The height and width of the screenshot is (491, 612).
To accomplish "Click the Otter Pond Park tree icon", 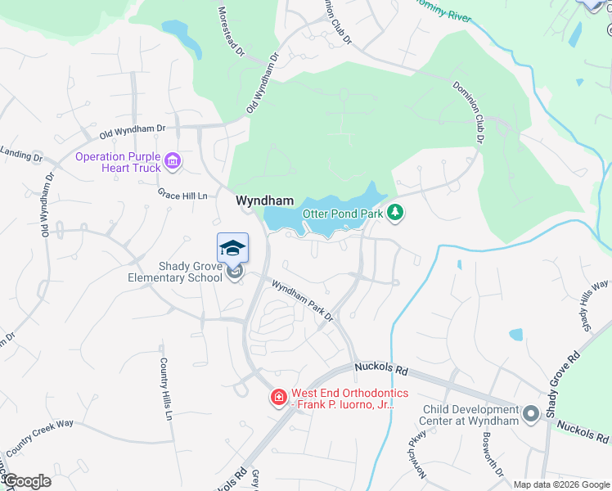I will coord(396,213).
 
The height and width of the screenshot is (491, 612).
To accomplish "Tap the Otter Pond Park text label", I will coord(343,214).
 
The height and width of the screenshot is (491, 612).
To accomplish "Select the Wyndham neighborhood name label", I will coord(264,200).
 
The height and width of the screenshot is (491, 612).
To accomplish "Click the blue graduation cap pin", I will coord(232,248).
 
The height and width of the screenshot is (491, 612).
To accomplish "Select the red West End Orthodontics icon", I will coord(278,399).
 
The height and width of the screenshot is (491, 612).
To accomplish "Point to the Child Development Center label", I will coord(470,414).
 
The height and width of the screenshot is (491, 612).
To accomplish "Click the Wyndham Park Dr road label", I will coord(304,300).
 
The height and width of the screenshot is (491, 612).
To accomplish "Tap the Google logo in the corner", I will coord(27,481).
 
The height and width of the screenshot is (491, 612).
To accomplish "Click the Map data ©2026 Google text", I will coord(561,484).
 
